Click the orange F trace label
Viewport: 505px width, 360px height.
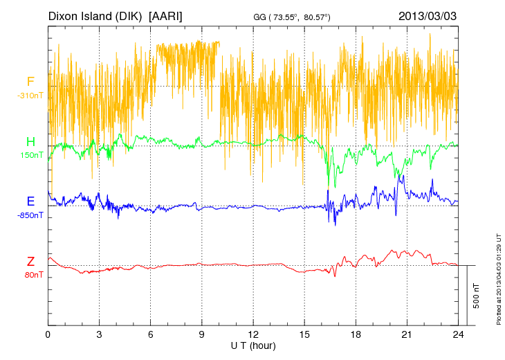30,82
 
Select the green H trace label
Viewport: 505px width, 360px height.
30,141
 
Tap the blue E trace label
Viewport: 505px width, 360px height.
30,201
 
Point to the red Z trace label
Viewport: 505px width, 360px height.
30,261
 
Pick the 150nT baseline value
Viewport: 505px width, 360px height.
30,155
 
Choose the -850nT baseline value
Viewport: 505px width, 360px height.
30,215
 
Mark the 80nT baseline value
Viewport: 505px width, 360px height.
30,275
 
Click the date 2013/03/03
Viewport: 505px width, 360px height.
428,15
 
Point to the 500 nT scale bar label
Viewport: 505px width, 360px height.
477,296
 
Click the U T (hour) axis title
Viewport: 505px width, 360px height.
253,345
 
